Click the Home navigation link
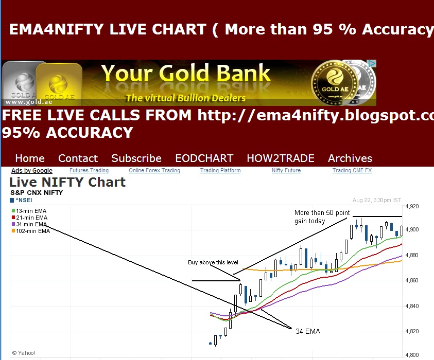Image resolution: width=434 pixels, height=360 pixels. click(x=30, y=158)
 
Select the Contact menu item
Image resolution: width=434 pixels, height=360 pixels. click(x=78, y=158)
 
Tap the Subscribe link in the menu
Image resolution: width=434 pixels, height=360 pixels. click(x=136, y=158)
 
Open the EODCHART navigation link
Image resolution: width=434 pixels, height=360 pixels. click(x=204, y=158)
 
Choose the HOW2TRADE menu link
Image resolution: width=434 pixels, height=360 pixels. click(x=280, y=158)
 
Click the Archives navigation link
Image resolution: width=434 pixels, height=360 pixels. click(x=350, y=158)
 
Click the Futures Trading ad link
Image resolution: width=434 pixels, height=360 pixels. click(x=89, y=171)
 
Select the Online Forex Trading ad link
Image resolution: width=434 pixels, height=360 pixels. click(x=154, y=171)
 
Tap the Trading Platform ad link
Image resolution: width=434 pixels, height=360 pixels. click(x=220, y=171)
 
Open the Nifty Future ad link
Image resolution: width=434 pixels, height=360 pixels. click(x=286, y=171)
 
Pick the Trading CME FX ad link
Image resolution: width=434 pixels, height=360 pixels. click(x=352, y=171)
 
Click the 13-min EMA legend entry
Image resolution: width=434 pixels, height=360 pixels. click(x=29, y=211)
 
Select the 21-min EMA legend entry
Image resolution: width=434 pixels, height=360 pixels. click(x=29, y=218)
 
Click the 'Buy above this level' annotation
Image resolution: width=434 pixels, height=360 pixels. click(x=213, y=263)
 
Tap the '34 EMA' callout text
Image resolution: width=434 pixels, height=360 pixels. click(x=308, y=331)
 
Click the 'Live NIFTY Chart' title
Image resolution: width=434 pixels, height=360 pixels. click(x=67, y=182)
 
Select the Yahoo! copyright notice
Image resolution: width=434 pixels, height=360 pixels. click(x=24, y=353)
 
